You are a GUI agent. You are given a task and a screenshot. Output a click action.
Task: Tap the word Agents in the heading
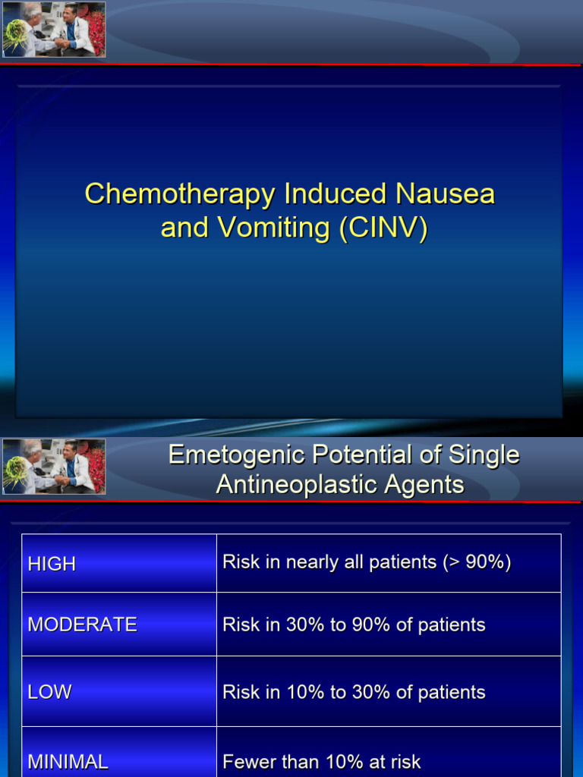[424, 485]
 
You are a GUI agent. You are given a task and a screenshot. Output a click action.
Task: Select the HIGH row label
[52, 564]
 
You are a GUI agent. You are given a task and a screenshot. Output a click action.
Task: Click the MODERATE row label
[82, 624]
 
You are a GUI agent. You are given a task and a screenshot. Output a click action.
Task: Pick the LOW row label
[49, 692]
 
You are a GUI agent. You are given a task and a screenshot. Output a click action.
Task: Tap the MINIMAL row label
[68, 761]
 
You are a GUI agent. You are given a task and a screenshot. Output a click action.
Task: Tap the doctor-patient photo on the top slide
[54, 30]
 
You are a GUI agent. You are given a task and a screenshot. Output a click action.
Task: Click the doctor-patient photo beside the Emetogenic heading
[54, 467]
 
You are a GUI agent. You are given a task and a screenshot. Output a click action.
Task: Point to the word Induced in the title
[333, 193]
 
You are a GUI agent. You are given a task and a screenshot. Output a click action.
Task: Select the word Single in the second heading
[484, 455]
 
